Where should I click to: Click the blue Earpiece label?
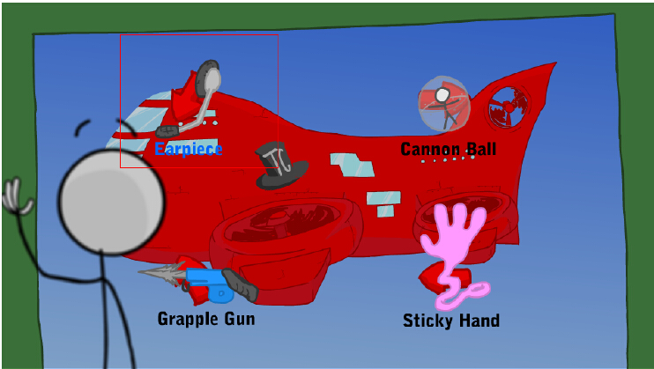[x=189, y=149]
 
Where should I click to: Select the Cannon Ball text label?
[x=448, y=149]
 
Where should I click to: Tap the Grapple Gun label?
[x=206, y=318]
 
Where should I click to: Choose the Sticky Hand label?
[x=450, y=321]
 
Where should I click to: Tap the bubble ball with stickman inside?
[x=445, y=104]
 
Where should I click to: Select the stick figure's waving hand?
[x=16, y=198]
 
